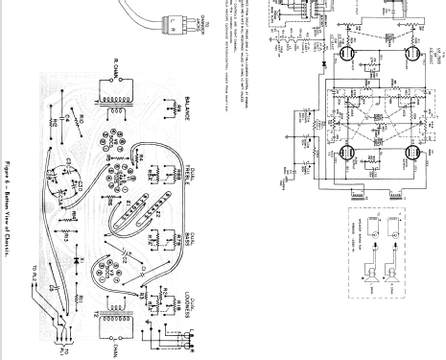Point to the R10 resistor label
[x=83, y=122]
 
